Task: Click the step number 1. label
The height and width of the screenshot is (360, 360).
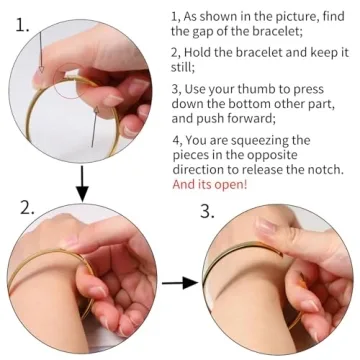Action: (x=23, y=25)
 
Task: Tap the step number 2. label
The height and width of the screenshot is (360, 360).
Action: (x=27, y=207)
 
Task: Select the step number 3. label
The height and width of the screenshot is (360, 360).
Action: (x=207, y=211)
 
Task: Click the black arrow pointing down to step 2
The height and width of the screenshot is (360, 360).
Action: (x=82, y=184)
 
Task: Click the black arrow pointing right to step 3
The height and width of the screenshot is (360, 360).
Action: (x=180, y=283)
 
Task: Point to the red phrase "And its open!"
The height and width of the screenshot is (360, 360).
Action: (x=210, y=184)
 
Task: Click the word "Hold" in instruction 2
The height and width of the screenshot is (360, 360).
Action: (x=197, y=53)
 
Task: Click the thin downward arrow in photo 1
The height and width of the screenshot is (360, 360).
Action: (x=40, y=52)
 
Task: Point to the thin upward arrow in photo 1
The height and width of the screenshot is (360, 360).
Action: (x=94, y=127)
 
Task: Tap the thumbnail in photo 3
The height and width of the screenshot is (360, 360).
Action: (x=267, y=227)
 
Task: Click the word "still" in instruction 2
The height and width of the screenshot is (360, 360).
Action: (x=182, y=68)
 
